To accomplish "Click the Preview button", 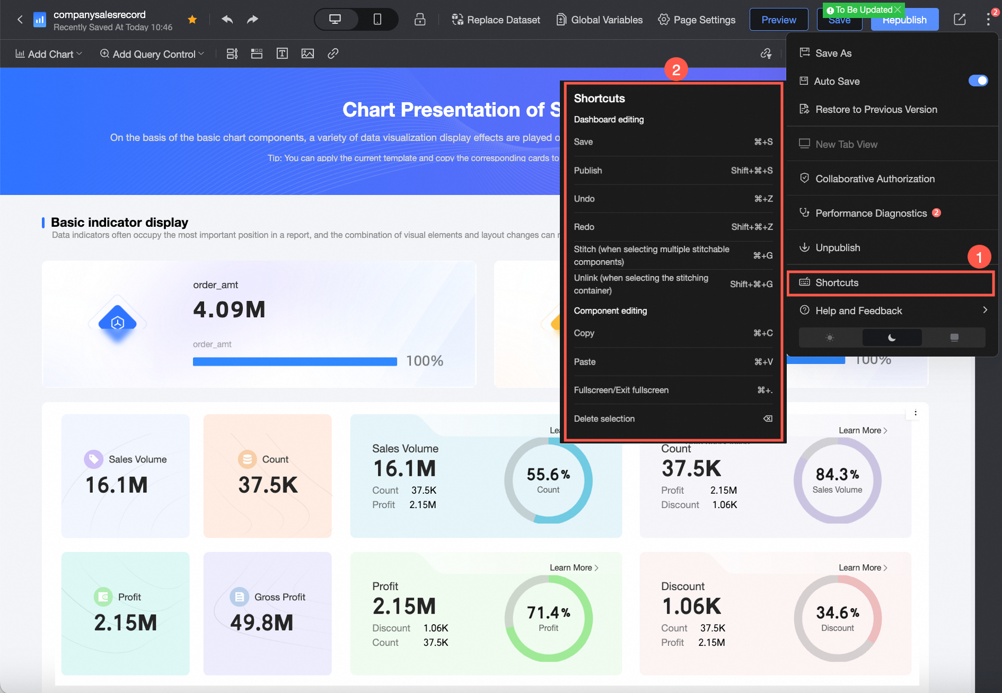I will tap(778, 20).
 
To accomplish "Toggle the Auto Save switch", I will tap(978, 81).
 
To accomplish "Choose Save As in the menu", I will tap(833, 53).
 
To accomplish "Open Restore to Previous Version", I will tap(876, 110).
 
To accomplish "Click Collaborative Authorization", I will tap(875, 179).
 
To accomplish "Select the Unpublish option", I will tap(838, 248).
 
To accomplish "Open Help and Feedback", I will tap(858, 311).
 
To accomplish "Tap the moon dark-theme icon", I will tap(892, 337).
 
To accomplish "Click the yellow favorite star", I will tap(192, 20).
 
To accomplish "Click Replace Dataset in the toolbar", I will tap(496, 20).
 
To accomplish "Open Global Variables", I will tap(600, 20).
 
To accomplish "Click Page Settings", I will tap(697, 20).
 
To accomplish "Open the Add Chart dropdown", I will tap(49, 54).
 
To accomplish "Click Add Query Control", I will tap(152, 54).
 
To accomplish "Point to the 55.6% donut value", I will tap(548, 475).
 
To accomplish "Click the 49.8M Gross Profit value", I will tap(262, 623).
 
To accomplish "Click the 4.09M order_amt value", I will tap(229, 309).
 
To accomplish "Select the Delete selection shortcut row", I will tap(672, 419).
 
